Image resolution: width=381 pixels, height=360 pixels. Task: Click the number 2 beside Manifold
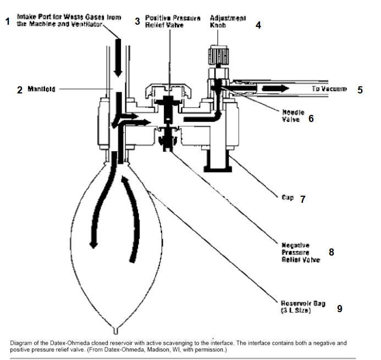pyautogui.click(x=20, y=90)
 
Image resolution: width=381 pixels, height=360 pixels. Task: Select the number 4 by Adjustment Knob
pyautogui.click(x=258, y=25)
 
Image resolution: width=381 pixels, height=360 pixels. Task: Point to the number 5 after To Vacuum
pyautogui.click(x=360, y=90)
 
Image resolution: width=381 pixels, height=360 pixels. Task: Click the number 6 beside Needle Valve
pyautogui.click(x=311, y=118)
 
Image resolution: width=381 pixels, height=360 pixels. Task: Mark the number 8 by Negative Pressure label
pyautogui.click(x=331, y=252)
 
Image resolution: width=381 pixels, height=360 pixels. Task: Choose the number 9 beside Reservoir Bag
pyautogui.click(x=340, y=309)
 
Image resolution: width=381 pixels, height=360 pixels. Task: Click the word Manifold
pyautogui.click(x=41, y=89)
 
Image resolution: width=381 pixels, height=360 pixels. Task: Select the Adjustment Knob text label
pyautogui.click(x=228, y=21)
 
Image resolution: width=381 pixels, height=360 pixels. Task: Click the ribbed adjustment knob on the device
pyautogui.click(x=218, y=56)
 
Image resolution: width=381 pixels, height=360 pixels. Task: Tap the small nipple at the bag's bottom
pyautogui.click(x=115, y=330)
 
